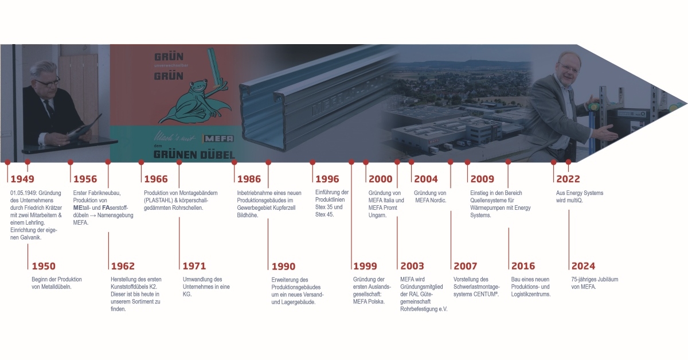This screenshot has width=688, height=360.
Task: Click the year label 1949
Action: pyautogui.click(x=22, y=179)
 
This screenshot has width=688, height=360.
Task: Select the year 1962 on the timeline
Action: pyautogui.click(x=123, y=266)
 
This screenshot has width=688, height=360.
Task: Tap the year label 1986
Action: pyautogui.click(x=249, y=179)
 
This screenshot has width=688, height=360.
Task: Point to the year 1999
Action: pyautogui.click(x=365, y=266)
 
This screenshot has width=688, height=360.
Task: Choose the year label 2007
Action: pyautogui.click(x=466, y=266)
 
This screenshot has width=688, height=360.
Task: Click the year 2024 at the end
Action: pyautogui.click(x=583, y=266)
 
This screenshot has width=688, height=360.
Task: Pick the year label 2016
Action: pyautogui.click(x=523, y=266)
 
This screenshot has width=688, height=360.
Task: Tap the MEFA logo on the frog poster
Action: pyautogui.click(x=218, y=139)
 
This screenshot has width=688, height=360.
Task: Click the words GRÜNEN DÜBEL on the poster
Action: pyautogui.click(x=194, y=155)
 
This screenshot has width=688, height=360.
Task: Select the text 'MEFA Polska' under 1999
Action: pyautogui.click(x=368, y=302)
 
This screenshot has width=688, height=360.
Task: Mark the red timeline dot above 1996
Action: pyautogui.click(x=312, y=162)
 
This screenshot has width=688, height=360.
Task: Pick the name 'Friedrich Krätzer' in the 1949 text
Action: pyautogui.click(x=44, y=208)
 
